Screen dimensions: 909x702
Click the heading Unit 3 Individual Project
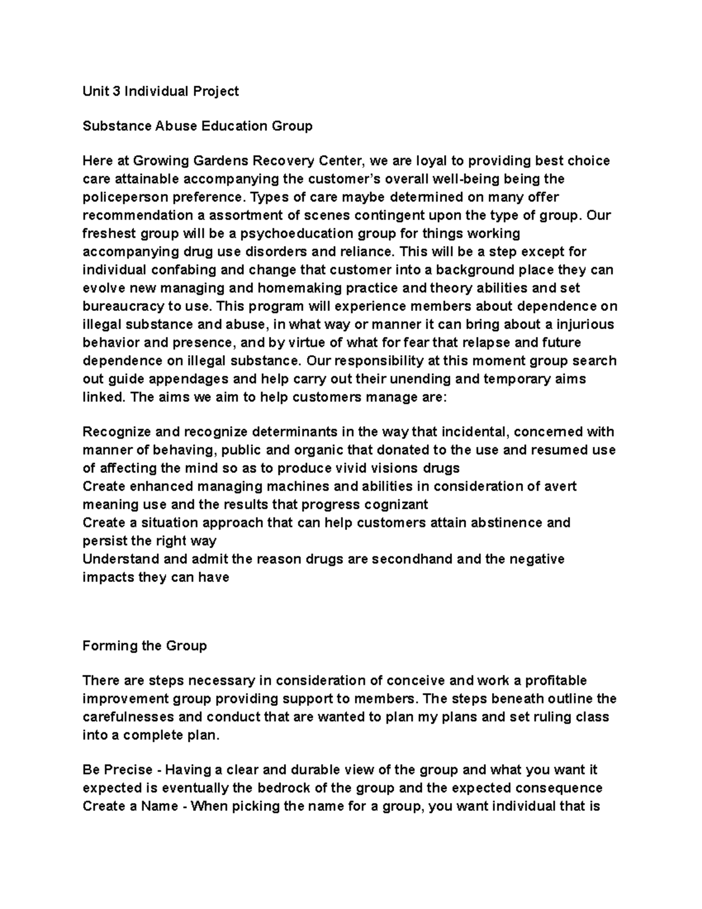pos(161,91)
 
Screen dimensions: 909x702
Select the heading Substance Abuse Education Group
pos(198,126)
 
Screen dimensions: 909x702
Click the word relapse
pos(499,342)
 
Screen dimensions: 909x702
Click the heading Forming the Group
pos(144,646)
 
